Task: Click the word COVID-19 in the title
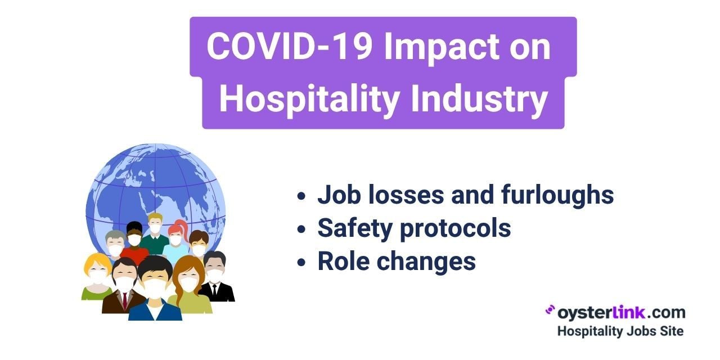[289, 47]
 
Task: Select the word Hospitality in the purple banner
[309, 98]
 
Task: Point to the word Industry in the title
[479, 98]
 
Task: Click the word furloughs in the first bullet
[557, 195]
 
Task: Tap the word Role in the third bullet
[343, 261]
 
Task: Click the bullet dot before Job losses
[301, 196]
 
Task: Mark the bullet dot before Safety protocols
[301, 229]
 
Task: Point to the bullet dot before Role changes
[301, 262]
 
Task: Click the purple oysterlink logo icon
[550, 310]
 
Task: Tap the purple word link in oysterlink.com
[629, 312]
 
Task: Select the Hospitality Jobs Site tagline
[620, 331]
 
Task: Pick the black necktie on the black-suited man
[214, 291]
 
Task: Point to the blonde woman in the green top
[96, 276]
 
